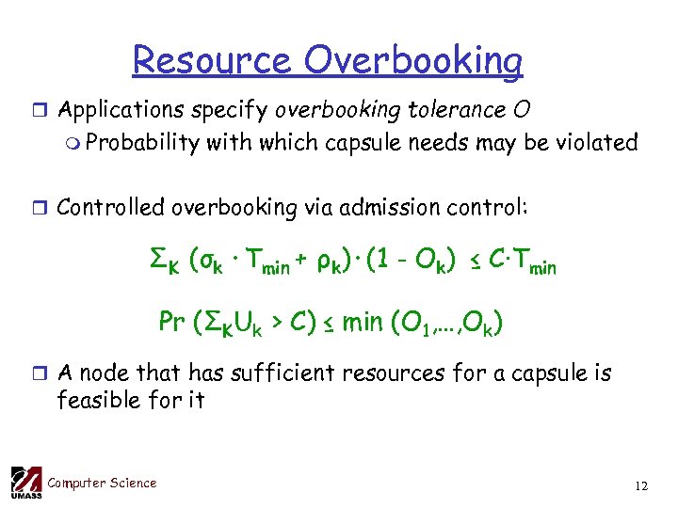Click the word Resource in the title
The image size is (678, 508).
213,61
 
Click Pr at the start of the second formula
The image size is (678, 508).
171,323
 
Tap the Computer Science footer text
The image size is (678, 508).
102,483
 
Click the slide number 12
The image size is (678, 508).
641,486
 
